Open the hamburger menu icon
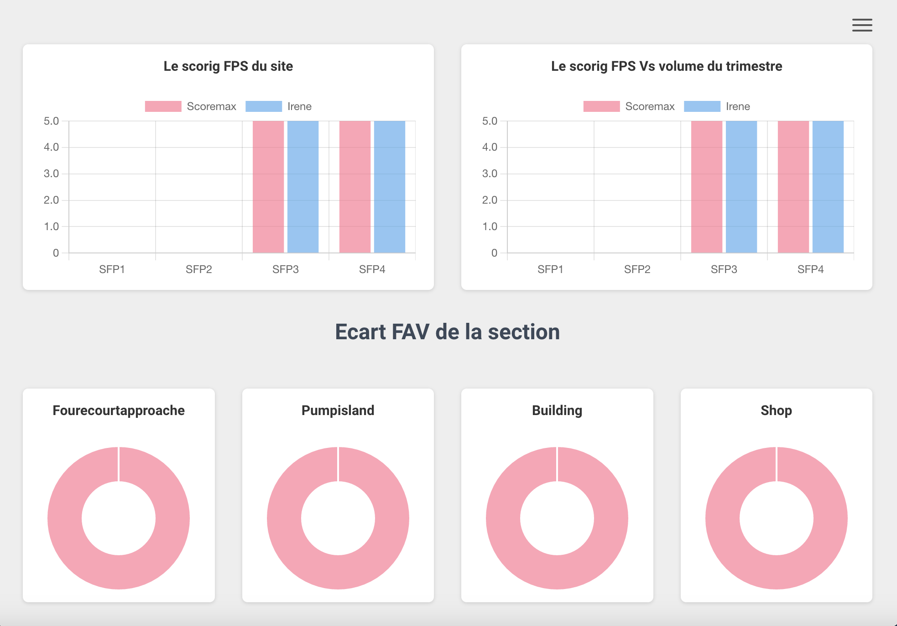[862, 25]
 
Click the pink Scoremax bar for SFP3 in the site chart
[268, 187]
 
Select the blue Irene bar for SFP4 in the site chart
[390, 187]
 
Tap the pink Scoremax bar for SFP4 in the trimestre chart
[793, 187]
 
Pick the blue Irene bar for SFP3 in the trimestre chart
[741, 187]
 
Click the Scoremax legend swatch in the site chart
[163, 106]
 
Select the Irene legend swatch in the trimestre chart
[702, 106]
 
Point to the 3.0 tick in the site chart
[52, 174]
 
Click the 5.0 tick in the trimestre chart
[490, 121]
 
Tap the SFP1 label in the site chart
[112, 269]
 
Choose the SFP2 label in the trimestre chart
[637, 269]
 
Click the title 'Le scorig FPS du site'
[228, 66]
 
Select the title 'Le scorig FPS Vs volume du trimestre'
[667, 66]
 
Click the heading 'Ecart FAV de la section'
[448, 332]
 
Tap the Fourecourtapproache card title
[119, 410]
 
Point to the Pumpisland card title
[338, 410]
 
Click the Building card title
[557, 410]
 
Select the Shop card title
[777, 410]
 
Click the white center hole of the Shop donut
[777, 518]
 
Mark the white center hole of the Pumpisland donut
[338, 518]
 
